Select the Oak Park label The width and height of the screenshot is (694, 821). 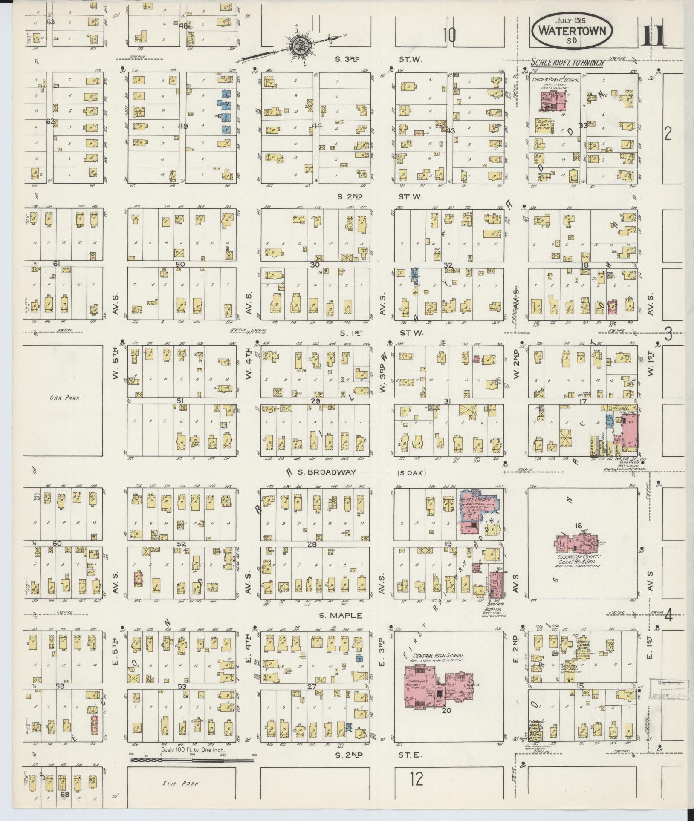tap(63, 398)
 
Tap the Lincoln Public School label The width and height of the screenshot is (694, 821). tap(555, 80)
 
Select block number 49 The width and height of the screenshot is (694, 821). tap(183, 126)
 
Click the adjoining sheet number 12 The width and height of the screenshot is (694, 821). tap(417, 780)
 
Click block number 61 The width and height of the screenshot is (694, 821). tap(56, 264)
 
